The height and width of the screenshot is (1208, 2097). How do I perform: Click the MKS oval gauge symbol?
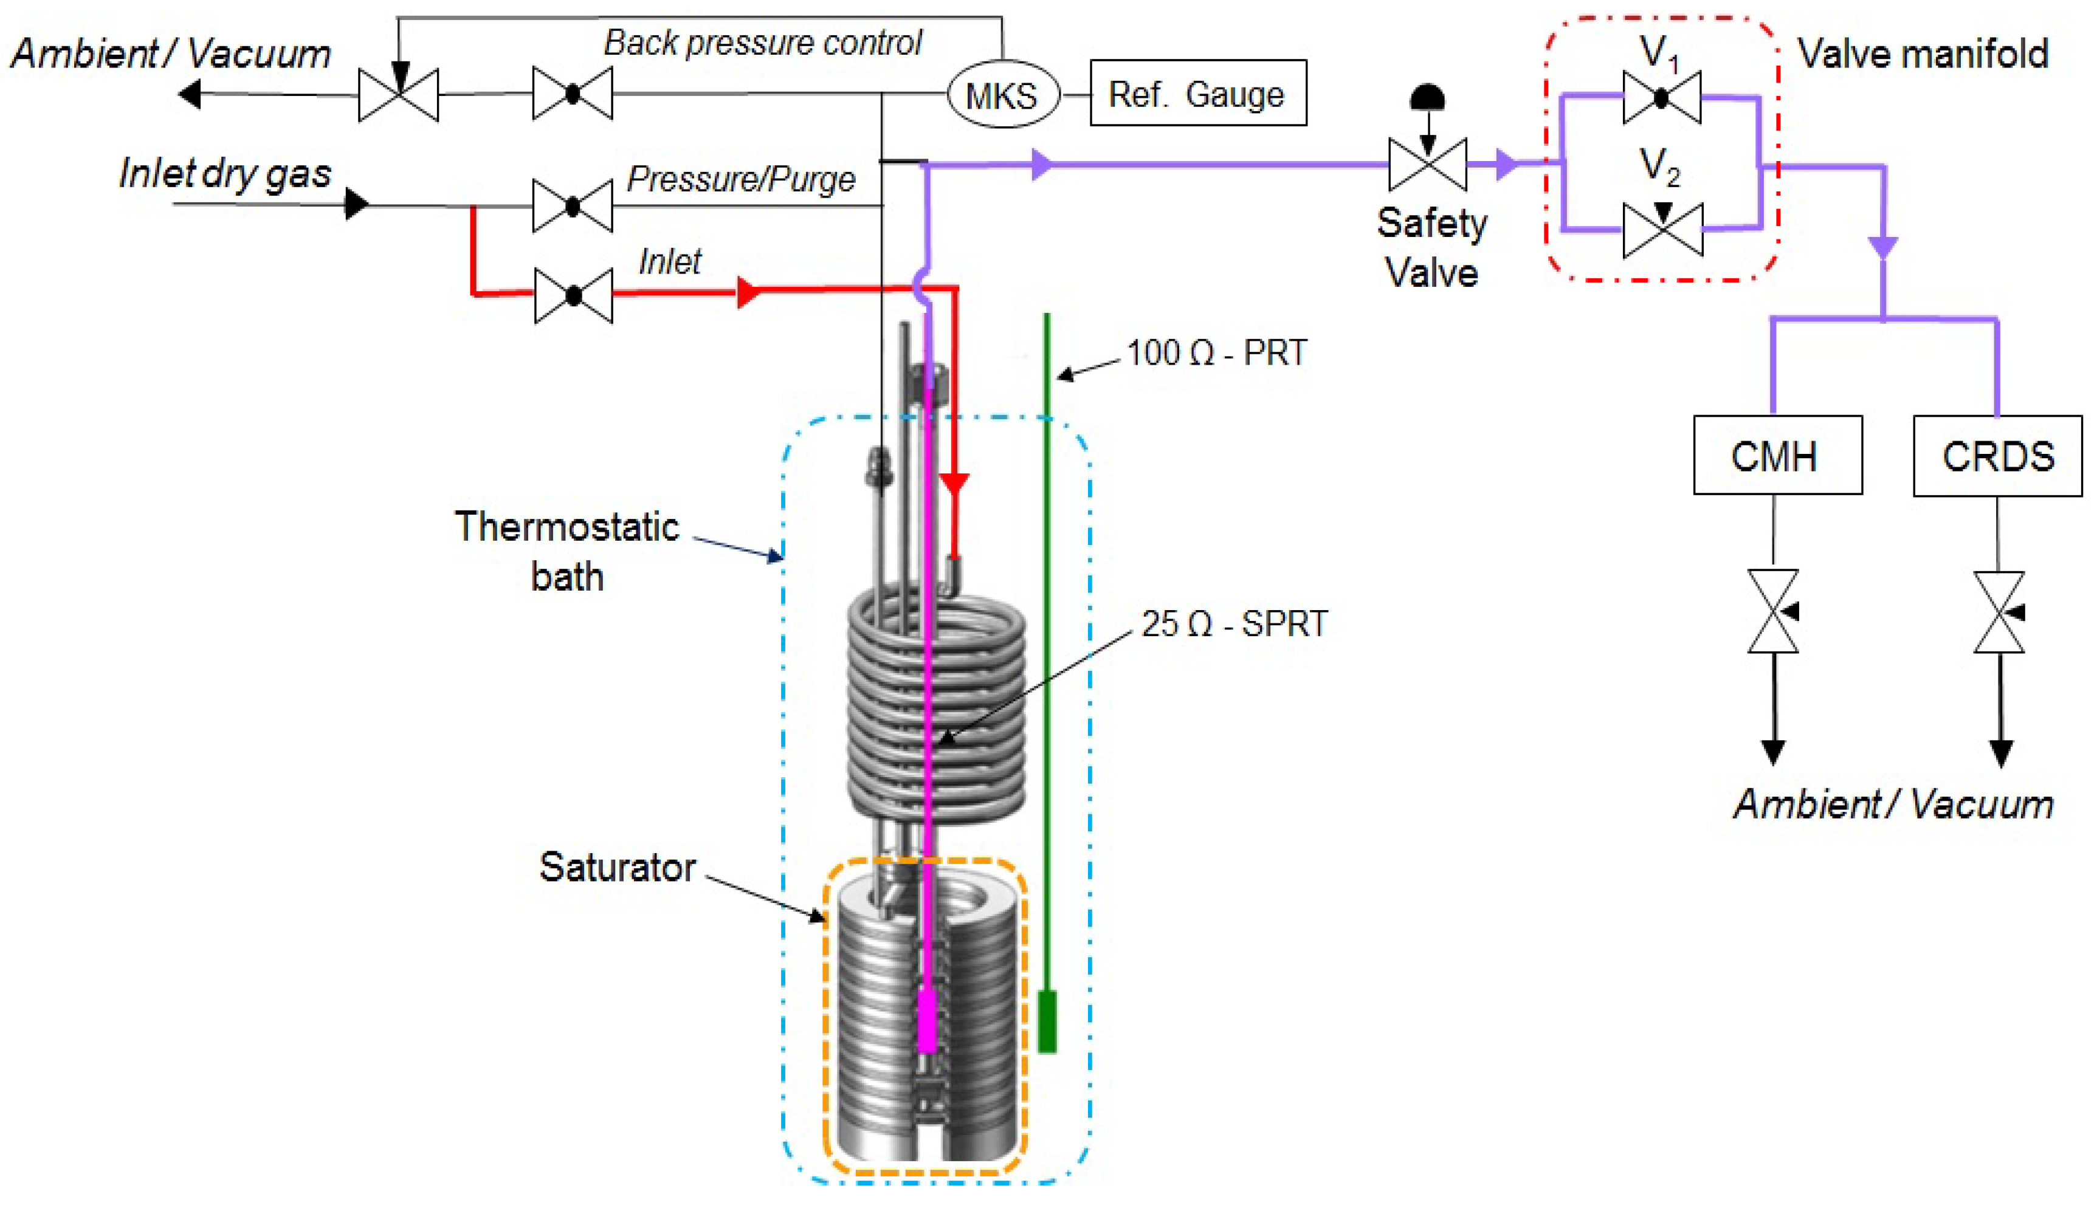[1002, 95]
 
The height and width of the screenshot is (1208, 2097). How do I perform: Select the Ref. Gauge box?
[1197, 93]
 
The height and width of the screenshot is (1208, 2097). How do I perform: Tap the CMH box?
[1777, 456]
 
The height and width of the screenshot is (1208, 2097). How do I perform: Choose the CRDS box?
[1997, 456]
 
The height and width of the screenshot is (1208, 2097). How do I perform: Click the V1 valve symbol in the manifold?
[1661, 98]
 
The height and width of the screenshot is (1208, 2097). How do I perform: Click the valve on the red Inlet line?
[573, 295]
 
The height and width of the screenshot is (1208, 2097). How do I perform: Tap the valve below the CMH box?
[1774, 611]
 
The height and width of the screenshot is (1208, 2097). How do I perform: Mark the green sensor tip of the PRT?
[1047, 1021]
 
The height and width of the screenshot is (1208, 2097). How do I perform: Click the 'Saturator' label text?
[618, 867]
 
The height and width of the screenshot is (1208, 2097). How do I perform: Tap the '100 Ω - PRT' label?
[1216, 352]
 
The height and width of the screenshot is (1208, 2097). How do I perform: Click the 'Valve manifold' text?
[1923, 54]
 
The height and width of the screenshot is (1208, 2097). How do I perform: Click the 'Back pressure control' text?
[763, 43]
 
